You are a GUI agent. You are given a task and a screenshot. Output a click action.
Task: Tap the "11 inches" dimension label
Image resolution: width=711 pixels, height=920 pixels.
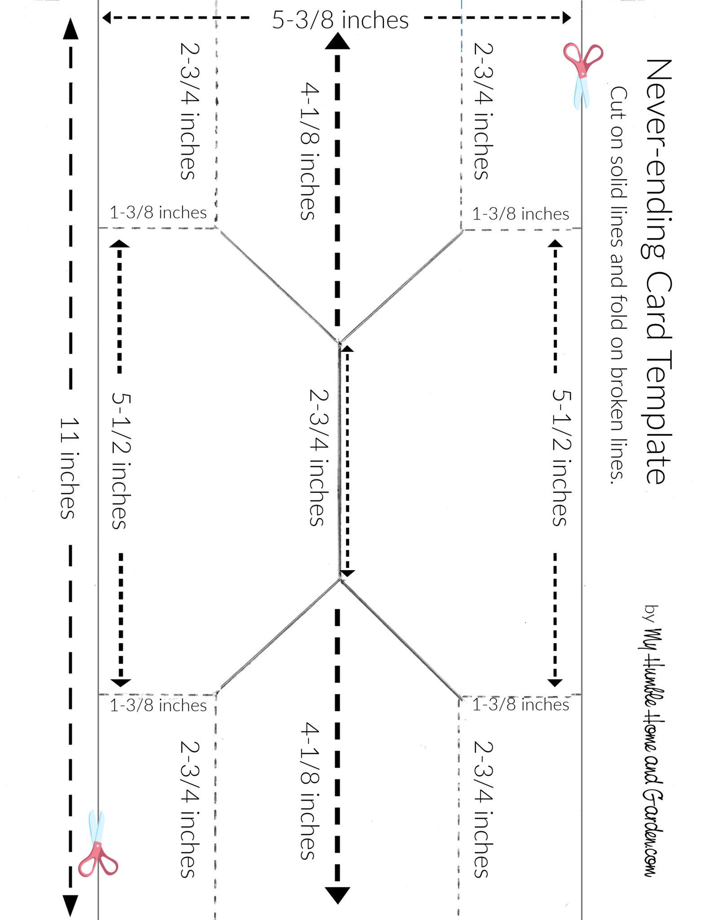[70, 468]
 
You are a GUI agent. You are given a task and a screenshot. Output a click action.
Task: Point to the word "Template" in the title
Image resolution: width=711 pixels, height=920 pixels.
[658, 417]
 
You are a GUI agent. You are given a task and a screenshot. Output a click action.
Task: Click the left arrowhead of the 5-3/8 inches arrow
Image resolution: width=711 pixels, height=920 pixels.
[106, 18]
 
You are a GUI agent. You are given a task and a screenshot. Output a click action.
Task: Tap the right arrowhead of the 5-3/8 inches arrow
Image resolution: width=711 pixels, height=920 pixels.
[566, 18]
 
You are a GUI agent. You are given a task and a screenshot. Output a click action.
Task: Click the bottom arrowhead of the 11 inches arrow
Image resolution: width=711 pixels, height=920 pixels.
[70, 906]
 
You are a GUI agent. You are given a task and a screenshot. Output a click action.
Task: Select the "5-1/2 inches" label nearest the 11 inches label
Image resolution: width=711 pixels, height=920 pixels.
[120, 460]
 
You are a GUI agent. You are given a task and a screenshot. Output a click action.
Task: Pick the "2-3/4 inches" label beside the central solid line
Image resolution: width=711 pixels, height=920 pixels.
[319, 457]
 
